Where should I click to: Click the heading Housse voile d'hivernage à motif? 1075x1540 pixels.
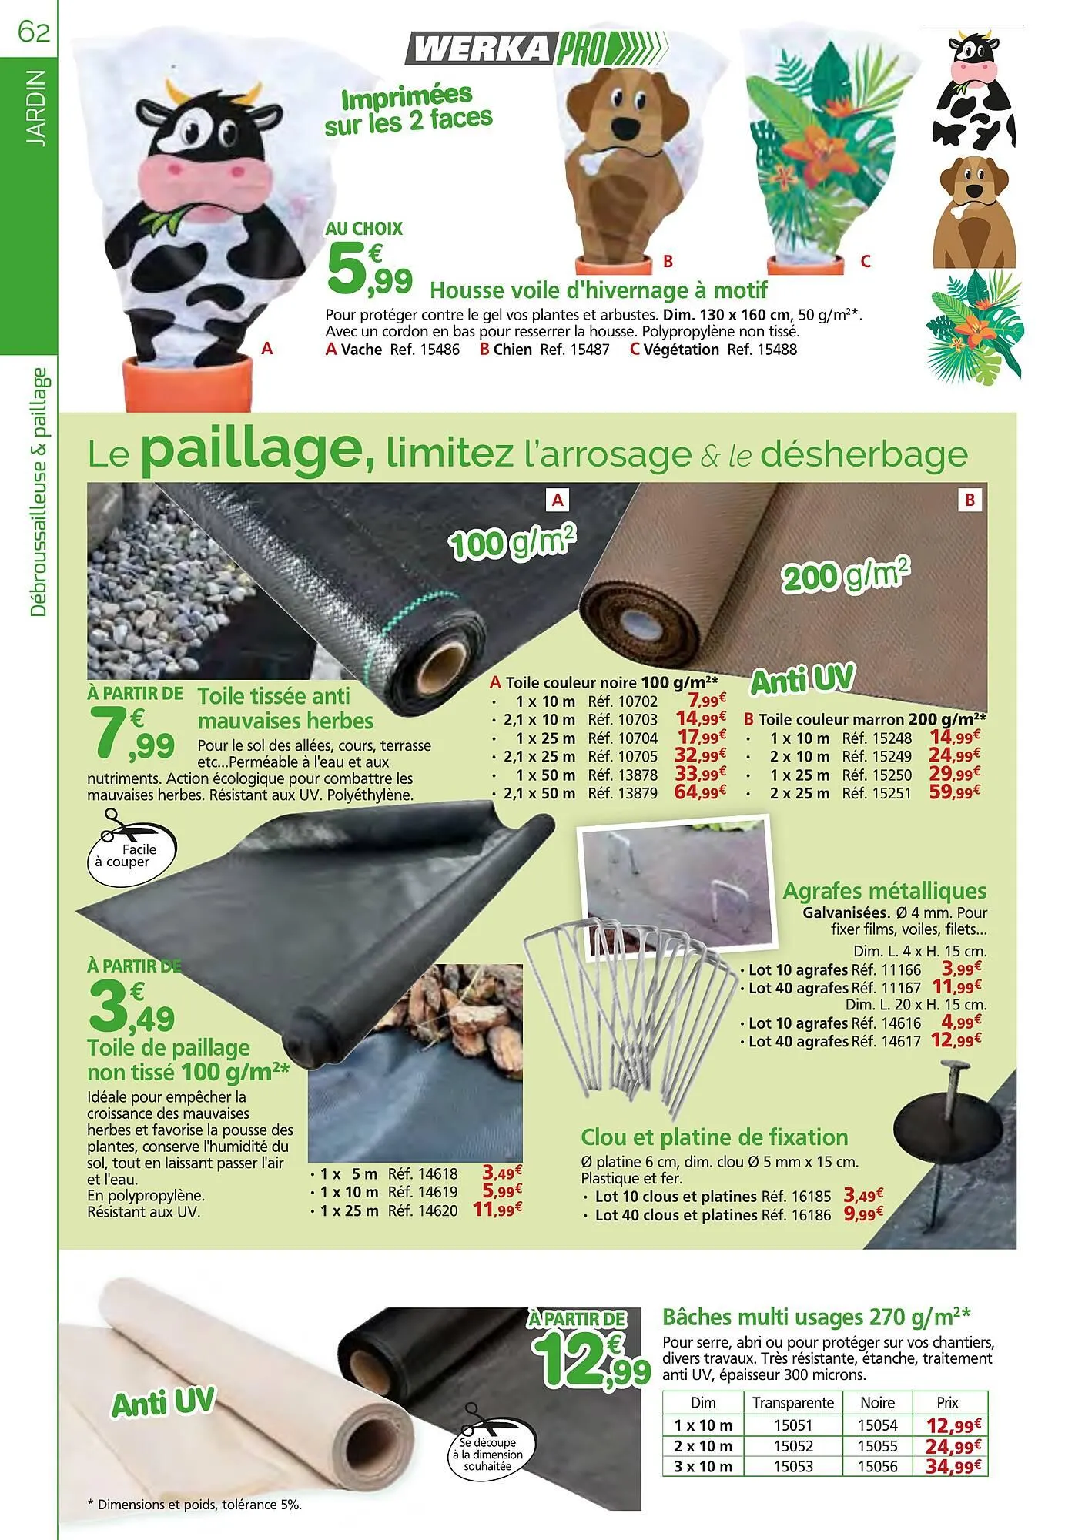tap(598, 290)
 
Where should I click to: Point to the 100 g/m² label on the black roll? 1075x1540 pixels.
tap(514, 542)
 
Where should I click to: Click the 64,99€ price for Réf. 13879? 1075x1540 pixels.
tap(700, 792)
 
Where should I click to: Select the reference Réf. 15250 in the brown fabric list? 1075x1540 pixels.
tap(877, 775)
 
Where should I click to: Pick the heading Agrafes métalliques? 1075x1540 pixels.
tap(884, 891)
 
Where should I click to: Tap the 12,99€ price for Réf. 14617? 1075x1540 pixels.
tap(956, 1041)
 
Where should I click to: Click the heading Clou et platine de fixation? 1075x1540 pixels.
tap(714, 1137)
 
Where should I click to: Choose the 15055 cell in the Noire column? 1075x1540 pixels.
tap(878, 1446)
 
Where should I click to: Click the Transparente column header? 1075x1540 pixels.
tap(793, 1403)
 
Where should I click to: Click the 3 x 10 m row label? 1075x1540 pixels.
tap(703, 1467)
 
